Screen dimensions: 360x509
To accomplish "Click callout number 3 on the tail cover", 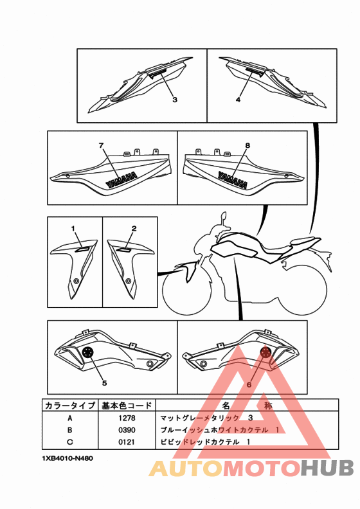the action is (x=175, y=100).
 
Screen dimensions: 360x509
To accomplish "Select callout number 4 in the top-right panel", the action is (x=239, y=100).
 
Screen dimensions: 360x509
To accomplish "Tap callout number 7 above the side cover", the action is (x=102, y=145).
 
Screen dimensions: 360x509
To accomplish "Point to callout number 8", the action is (x=248, y=145).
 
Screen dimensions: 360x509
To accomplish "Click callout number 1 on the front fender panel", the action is (x=73, y=229).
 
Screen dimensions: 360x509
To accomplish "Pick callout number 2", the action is (x=134, y=229).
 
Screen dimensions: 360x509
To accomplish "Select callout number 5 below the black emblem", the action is (x=104, y=383).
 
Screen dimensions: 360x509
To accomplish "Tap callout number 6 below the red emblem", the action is (x=249, y=384).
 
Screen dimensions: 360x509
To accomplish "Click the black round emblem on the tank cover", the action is (x=87, y=352).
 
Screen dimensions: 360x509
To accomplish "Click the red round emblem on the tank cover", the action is (x=266, y=352).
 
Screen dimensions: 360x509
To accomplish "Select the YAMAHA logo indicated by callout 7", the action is (x=122, y=180).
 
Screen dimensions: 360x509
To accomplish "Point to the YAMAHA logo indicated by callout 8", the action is (x=233, y=180).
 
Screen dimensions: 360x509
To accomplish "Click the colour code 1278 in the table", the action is (x=127, y=418).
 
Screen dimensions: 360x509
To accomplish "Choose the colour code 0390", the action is (x=127, y=430).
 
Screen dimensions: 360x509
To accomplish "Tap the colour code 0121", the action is (x=127, y=442).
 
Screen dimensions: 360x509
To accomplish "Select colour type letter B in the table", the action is (x=70, y=430).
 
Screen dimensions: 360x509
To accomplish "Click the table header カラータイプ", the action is (x=70, y=406).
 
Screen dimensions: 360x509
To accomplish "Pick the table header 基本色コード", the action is (x=127, y=406).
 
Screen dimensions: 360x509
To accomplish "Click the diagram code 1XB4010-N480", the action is (x=67, y=458).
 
